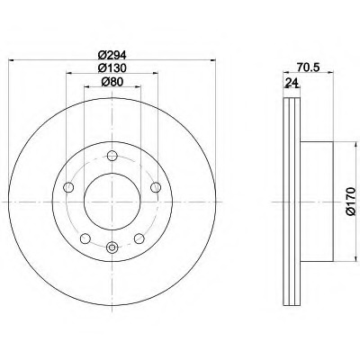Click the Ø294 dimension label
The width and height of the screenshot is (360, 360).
pyautogui.click(x=112, y=55)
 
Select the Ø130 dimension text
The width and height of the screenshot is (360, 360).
pyautogui.click(x=112, y=68)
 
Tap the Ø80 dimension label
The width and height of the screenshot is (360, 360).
pyautogui.click(x=112, y=82)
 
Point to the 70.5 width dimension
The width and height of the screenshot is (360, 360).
pyautogui.click(x=308, y=67)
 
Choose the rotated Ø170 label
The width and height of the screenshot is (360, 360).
pyautogui.click(x=350, y=201)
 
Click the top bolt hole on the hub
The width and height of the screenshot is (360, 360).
pyautogui.click(x=112, y=156)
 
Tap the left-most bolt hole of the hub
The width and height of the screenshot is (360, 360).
pyautogui.click(x=68, y=188)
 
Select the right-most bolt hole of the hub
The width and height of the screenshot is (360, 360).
pyautogui.click(x=156, y=187)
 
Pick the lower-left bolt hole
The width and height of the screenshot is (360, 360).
pyautogui.click(x=85, y=238)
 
